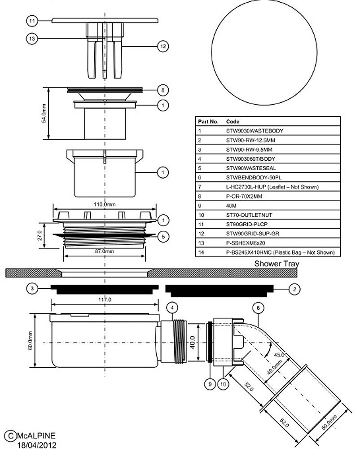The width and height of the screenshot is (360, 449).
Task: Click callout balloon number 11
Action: pos(32,21)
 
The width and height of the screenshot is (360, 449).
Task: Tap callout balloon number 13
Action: pos(32,38)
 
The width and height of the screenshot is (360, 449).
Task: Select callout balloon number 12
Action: pos(163,46)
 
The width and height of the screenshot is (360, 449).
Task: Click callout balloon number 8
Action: pos(163,90)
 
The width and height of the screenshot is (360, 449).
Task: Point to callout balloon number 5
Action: pos(163,237)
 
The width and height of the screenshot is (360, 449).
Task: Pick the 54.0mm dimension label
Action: pos(44,114)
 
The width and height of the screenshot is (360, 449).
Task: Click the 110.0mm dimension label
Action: pos(105,204)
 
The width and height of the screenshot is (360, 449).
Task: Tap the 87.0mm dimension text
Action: pos(105,251)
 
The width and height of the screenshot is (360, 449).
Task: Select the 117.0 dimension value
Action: pos(105,299)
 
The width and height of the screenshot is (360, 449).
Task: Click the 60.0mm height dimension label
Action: pos(31,340)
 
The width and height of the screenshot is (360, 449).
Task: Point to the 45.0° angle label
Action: pos(279,355)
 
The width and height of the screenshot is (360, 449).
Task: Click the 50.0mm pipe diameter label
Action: pos(330,423)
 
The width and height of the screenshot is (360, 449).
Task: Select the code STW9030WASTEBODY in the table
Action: pos(255,131)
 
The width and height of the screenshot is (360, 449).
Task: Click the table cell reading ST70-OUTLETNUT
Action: pos(249,215)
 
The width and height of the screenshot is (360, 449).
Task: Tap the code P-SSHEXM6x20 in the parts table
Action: pos(246,243)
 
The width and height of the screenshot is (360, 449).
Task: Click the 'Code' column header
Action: pos(233,121)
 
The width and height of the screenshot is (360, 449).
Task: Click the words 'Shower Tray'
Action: pos(277,264)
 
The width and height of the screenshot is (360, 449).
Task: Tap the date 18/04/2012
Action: pos(37,445)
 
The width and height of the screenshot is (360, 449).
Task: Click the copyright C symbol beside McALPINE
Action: pos(11,436)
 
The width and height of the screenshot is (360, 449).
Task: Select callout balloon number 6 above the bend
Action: pos(258,308)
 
